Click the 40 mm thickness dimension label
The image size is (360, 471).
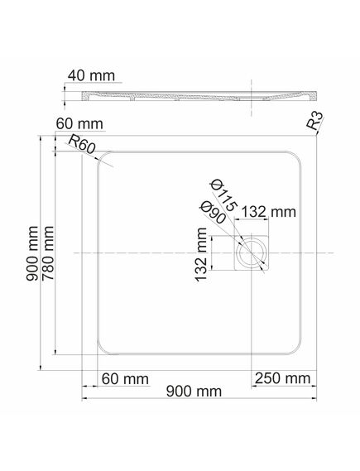point(91,75)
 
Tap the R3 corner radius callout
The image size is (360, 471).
point(315,121)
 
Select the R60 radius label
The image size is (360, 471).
point(82,144)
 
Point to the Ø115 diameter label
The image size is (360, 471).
point(223,195)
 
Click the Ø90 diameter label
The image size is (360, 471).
point(213,213)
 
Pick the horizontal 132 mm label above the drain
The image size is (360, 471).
point(269,212)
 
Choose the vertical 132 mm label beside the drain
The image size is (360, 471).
point(201,254)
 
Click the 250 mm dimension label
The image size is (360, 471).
point(282,378)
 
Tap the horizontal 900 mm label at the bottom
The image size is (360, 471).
point(194,392)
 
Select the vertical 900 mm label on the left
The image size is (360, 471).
point(32,253)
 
